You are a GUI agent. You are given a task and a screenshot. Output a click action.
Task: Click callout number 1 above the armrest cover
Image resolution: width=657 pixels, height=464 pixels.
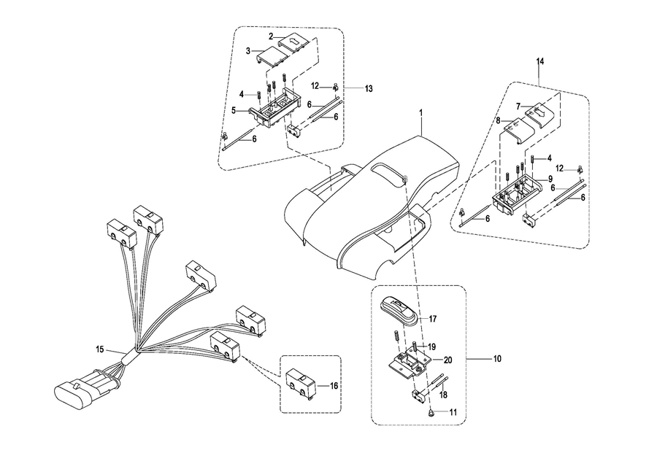coord(420,113)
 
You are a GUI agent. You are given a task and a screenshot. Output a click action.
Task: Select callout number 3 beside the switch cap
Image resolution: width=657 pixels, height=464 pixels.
coord(248,51)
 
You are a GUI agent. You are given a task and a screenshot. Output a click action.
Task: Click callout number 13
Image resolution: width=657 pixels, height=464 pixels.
coord(369,88)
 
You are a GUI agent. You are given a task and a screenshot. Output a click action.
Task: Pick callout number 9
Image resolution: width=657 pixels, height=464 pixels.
coord(550,179)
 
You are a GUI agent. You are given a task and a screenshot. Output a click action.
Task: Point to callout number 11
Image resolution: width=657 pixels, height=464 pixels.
coord(453,412)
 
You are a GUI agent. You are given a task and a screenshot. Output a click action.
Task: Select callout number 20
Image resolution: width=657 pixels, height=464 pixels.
coord(447,359)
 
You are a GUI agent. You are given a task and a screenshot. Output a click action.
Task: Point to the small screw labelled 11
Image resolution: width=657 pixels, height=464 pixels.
coord(431,413)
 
